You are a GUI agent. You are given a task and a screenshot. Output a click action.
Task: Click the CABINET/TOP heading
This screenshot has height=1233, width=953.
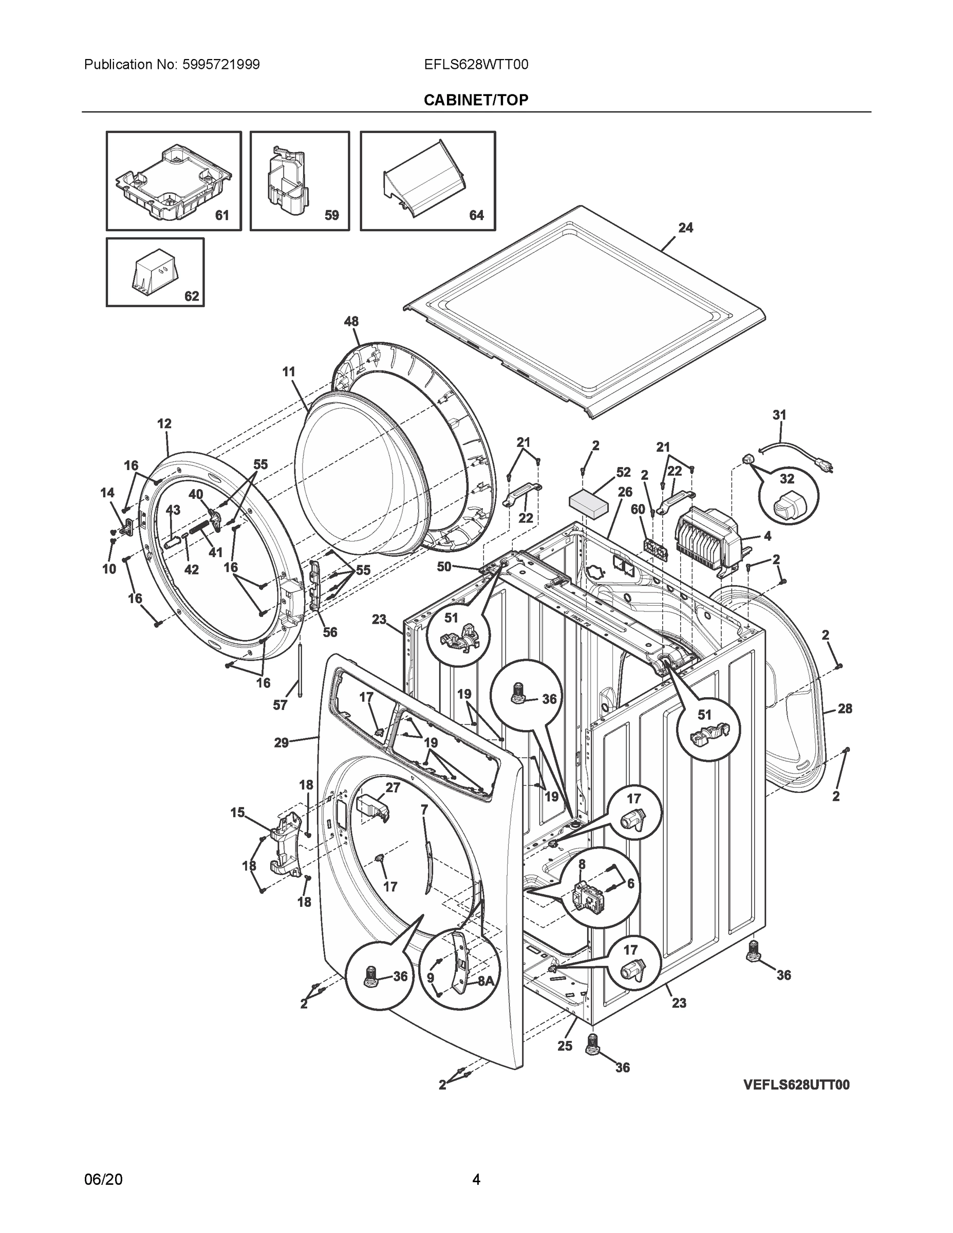(x=476, y=100)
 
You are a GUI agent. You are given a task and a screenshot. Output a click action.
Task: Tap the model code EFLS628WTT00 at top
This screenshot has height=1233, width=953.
(x=476, y=64)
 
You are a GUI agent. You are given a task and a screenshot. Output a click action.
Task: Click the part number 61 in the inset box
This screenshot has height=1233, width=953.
(x=222, y=215)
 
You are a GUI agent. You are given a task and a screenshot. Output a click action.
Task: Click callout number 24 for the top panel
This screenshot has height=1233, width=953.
(x=685, y=228)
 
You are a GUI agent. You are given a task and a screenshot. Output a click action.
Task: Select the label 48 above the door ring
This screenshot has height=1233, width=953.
(x=351, y=321)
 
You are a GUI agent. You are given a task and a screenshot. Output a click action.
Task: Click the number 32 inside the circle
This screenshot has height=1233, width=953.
(x=787, y=479)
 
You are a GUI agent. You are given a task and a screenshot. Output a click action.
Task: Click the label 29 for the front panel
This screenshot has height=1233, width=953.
(x=281, y=743)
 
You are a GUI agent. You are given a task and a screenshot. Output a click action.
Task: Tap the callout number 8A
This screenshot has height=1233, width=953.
(x=485, y=981)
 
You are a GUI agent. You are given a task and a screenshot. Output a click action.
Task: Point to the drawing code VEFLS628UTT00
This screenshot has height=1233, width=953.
(x=796, y=1085)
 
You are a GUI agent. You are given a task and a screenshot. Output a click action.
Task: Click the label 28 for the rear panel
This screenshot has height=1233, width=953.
(x=845, y=708)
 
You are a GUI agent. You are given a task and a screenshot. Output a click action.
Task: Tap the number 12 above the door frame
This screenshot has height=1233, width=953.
(x=164, y=423)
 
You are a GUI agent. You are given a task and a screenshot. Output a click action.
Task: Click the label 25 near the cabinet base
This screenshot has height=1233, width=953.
(x=565, y=1045)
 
